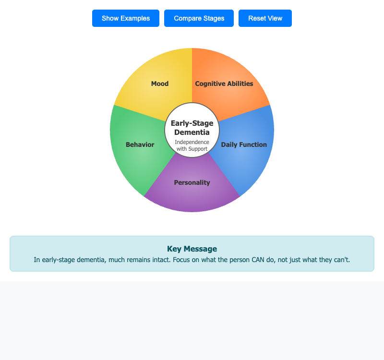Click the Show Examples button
pyautogui.click(x=126, y=18)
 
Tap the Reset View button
pyautogui.click(x=265, y=18)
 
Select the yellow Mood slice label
pyautogui.click(x=160, y=84)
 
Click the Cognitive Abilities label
pyautogui.click(x=224, y=84)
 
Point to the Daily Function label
pyautogui.click(x=244, y=145)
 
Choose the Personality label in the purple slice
pyautogui.click(x=192, y=183)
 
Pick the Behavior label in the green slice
pyautogui.click(x=140, y=145)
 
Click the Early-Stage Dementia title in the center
pyautogui.click(x=192, y=128)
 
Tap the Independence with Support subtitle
pyautogui.click(x=192, y=145)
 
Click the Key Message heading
pyautogui.click(x=192, y=249)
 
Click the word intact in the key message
pyautogui.click(x=161, y=260)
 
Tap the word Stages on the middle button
pyautogui.click(x=214, y=18)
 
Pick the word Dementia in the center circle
pyautogui.click(x=192, y=132)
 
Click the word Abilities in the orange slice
pyautogui.click(x=240, y=84)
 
